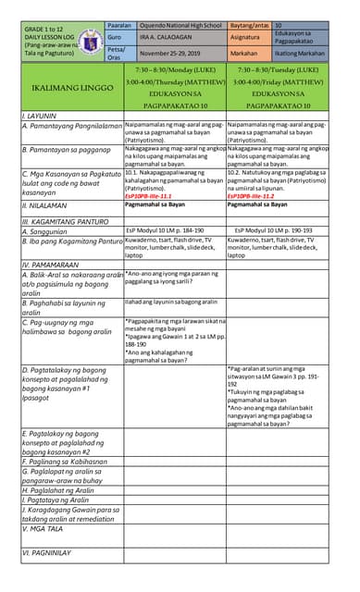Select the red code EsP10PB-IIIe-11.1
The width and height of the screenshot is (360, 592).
(x=149, y=196)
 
